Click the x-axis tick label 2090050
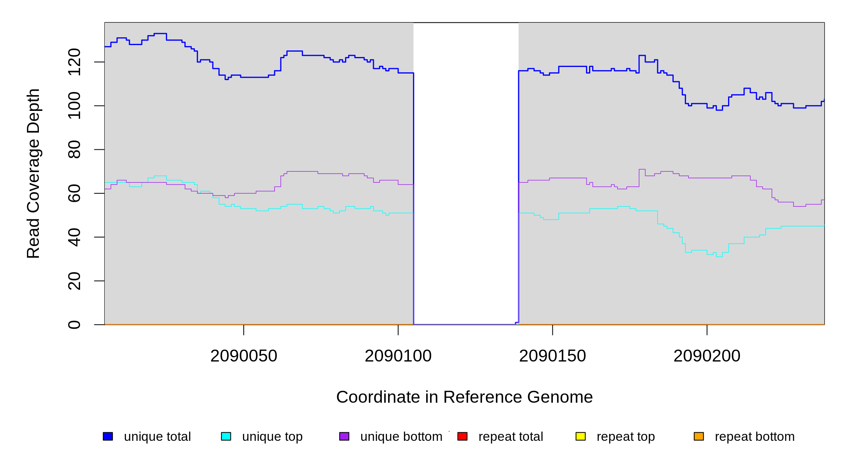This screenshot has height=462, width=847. tap(244, 356)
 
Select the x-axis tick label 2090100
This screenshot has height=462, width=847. tap(398, 356)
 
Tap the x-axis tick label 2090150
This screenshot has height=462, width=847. tap(552, 356)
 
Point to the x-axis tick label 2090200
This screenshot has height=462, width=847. tap(707, 356)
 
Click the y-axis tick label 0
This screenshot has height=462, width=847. tap(74, 325)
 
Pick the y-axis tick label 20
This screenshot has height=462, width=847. tap(74, 281)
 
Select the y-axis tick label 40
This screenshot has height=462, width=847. tap(74, 237)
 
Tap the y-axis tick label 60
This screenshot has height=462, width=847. tap(74, 193)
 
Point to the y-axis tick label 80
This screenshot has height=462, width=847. tap(74, 149)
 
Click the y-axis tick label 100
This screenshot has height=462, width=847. tap(74, 105)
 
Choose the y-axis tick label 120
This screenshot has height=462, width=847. tap(74, 62)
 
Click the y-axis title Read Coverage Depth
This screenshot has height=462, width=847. tap(33, 173)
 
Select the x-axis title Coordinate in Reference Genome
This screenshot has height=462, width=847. tap(464, 397)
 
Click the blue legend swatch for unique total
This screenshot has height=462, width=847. tap(108, 436)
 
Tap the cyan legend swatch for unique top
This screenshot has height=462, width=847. tap(226, 436)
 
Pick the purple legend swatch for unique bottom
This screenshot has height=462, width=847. tap(344, 436)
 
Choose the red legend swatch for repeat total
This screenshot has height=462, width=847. tap(462, 436)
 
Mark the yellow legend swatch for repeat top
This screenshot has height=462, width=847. tap(581, 436)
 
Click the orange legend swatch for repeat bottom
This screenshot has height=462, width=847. tap(699, 436)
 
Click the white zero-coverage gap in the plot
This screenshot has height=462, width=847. tap(466, 173)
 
